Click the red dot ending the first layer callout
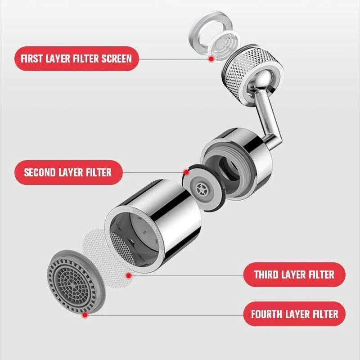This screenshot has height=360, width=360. [x=211, y=59]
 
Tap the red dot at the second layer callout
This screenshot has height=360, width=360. [x=186, y=172]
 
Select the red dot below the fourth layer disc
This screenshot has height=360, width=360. [x=84, y=316]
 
